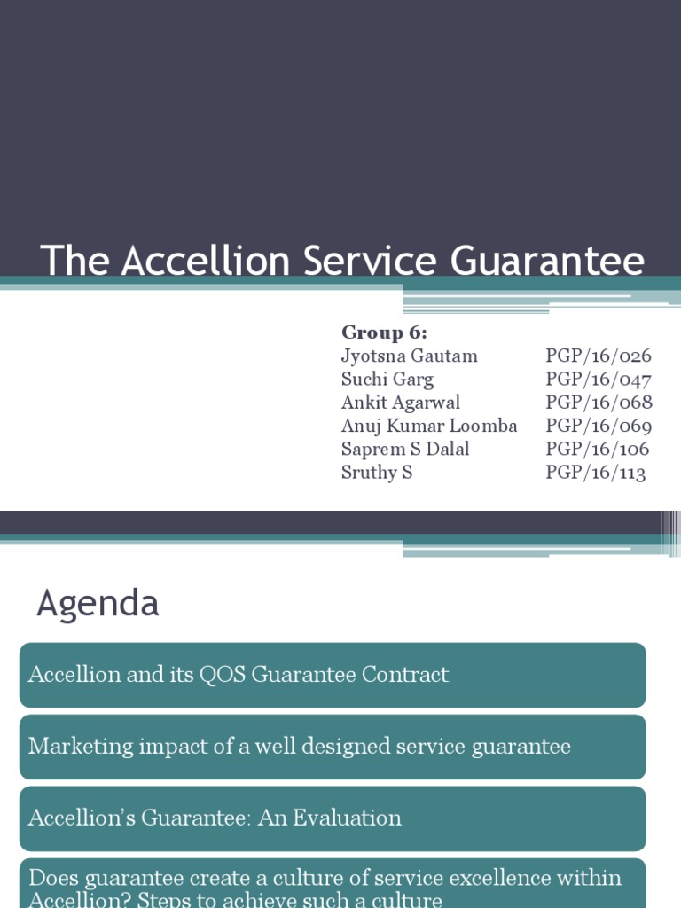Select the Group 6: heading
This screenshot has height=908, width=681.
pos(384,333)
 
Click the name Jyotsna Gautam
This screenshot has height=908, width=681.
pos(409,356)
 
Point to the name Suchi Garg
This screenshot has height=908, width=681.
pos(387,380)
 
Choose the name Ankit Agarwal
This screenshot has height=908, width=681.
pos(401,403)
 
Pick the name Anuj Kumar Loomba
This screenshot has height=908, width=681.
pos(429,426)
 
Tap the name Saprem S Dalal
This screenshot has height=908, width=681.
pos(406,449)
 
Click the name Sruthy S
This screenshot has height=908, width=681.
pos(377,472)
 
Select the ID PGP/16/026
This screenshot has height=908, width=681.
pos(599,356)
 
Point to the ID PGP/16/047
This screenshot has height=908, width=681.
pos(599,380)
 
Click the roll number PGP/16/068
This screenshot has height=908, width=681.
pos(599,403)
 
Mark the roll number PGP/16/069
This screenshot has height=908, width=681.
pos(599,426)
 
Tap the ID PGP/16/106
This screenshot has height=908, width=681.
pos(597,449)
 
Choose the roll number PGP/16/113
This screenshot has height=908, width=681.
pos(595,472)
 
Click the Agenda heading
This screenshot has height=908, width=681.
pos(98,604)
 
